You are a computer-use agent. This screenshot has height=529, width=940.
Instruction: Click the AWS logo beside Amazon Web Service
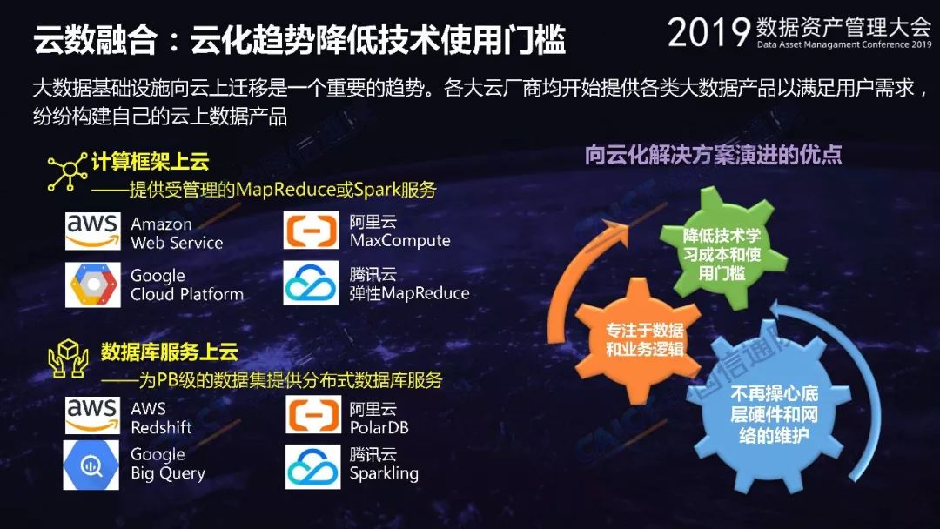tap(93, 231)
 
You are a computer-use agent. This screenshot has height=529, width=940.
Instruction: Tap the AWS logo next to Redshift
tap(93, 414)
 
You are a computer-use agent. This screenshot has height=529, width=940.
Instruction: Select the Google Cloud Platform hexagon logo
tap(93, 285)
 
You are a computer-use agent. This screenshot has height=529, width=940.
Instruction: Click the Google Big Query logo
tap(91, 465)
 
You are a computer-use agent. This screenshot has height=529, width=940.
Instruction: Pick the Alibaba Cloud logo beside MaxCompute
tap(311, 231)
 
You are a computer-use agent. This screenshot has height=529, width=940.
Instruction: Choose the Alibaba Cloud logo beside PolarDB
tap(313, 414)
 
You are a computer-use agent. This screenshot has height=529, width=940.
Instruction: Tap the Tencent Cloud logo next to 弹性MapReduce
tap(311, 283)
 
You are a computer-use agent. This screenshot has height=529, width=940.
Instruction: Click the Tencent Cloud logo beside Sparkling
tap(312, 466)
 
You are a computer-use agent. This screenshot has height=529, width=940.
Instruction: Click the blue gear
tap(775, 413)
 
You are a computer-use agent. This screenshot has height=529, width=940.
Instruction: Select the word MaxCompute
tap(399, 241)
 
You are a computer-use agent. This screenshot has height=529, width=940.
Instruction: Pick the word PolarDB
tap(379, 428)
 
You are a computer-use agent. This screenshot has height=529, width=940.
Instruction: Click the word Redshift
tap(161, 428)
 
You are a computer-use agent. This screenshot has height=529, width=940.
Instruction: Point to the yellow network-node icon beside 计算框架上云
tap(67, 172)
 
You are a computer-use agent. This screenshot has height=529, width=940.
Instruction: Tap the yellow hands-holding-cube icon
tap(68, 358)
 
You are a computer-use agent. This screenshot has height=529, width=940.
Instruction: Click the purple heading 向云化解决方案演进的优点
tap(714, 155)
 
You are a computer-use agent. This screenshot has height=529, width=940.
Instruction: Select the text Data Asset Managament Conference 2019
tap(844, 44)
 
